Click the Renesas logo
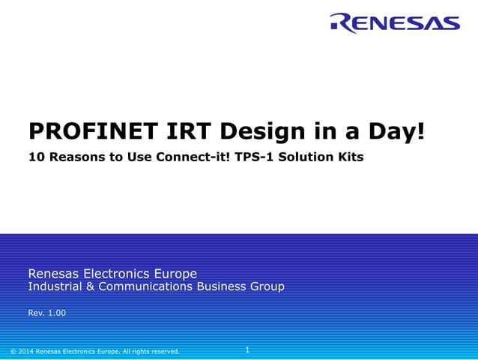[x=395, y=23]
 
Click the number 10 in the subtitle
[x=35, y=158]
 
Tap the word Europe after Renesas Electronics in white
[x=178, y=273]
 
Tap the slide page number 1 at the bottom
[x=247, y=349]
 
